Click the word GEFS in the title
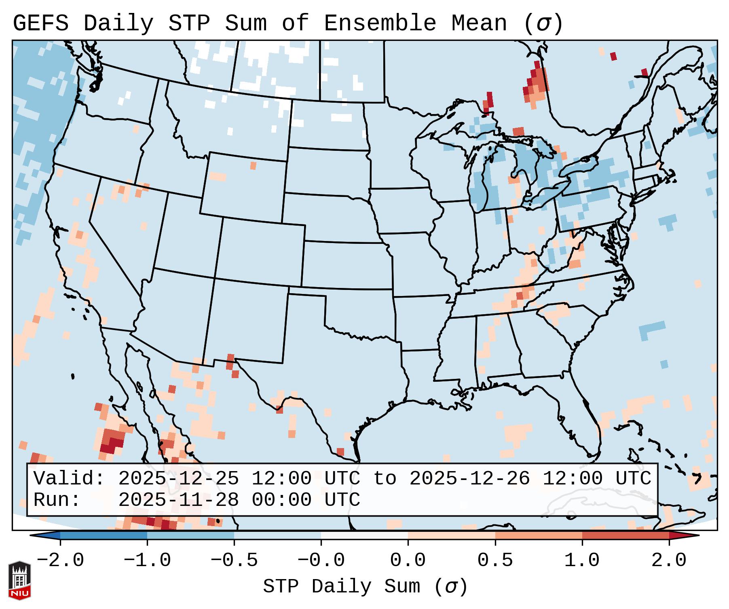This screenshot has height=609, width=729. (x=40, y=23)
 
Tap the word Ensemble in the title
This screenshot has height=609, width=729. (x=380, y=23)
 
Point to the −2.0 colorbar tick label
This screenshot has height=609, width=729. (x=60, y=560)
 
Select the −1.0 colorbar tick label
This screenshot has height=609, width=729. (x=147, y=560)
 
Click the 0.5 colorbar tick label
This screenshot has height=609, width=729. (x=495, y=560)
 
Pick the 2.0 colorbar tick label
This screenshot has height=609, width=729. (x=669, y=560)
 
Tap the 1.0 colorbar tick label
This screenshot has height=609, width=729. (x=582, y=560)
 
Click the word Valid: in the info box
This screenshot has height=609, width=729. (x=69, y=479)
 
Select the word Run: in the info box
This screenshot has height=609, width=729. (x=57, y=500)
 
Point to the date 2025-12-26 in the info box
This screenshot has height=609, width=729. (x=469, y=479)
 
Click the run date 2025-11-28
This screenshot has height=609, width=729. (x=178, y=500)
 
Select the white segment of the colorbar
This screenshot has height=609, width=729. (x=364, y=535)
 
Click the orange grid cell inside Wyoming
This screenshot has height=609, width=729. (x=253, y=166)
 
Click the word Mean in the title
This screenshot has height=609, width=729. (x=479, y=23)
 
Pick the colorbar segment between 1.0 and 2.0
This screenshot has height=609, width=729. (x=625, y=535)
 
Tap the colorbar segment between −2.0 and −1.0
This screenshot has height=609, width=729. (x=104, y=535)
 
